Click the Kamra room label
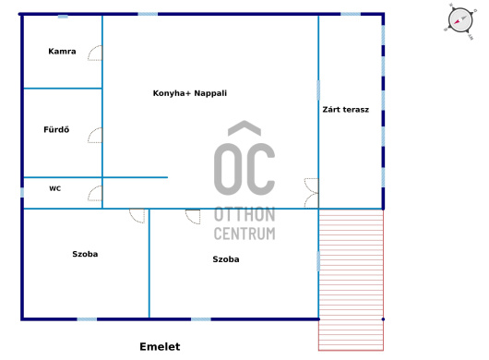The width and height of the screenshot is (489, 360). click(x=62, y=51)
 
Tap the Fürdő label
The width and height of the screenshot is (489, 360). click(x=56, y=129)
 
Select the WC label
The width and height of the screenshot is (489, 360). click(x=54, y=188)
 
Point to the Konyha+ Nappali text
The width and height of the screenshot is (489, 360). click(x=190, y=93)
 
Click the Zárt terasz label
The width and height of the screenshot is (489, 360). click(x=346, y=110)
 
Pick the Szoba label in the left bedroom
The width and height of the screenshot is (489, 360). click(x=85, y=254)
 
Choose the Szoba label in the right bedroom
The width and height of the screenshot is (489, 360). click(x=226, y=259)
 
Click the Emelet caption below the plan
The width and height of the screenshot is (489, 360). click(x=160, y=346)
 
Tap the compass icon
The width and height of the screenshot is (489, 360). click(x=459, y=21)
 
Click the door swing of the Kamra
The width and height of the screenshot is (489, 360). click(x=95, y=53)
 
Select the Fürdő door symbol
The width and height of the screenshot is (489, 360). click(x=95, y=135)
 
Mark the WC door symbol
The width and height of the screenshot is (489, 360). click(x=95, y=194)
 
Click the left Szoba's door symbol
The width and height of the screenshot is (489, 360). click(x=137, y=216)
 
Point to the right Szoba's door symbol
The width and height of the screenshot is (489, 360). click(x=193, y=217)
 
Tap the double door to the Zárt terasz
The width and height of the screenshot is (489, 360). click(x=312, y=193)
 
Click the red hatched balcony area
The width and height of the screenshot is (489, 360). click(x=351, y=280)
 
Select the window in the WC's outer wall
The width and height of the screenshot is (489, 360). click(x=22, y=192)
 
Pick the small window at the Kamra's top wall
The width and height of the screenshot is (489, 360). click(x=63, y=17)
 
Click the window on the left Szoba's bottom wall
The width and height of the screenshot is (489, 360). click(x=87, y=319)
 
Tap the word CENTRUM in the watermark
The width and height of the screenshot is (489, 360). click(x=244, y=234)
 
